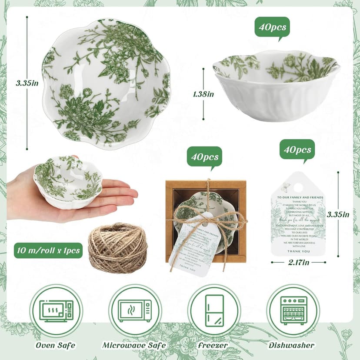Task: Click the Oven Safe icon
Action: pyautogui.click(x=56, y=311)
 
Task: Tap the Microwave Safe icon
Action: pyautogui.click(x=135, y=311)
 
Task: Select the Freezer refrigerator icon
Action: pyautogui.click(x=214, y=310)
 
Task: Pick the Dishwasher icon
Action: pyautogui.click(x=293, y=310)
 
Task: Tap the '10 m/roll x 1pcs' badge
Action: pyautogui.click(x=48, y=250)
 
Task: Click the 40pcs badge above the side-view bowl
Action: pyautogui.click(x=272, y=27)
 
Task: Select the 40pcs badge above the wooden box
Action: pyautogui.click(x=204, y=156)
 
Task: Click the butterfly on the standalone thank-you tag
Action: pyautogui.click(x=285, y=187)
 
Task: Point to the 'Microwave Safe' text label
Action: pyautogui.click(x=134, y=345)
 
